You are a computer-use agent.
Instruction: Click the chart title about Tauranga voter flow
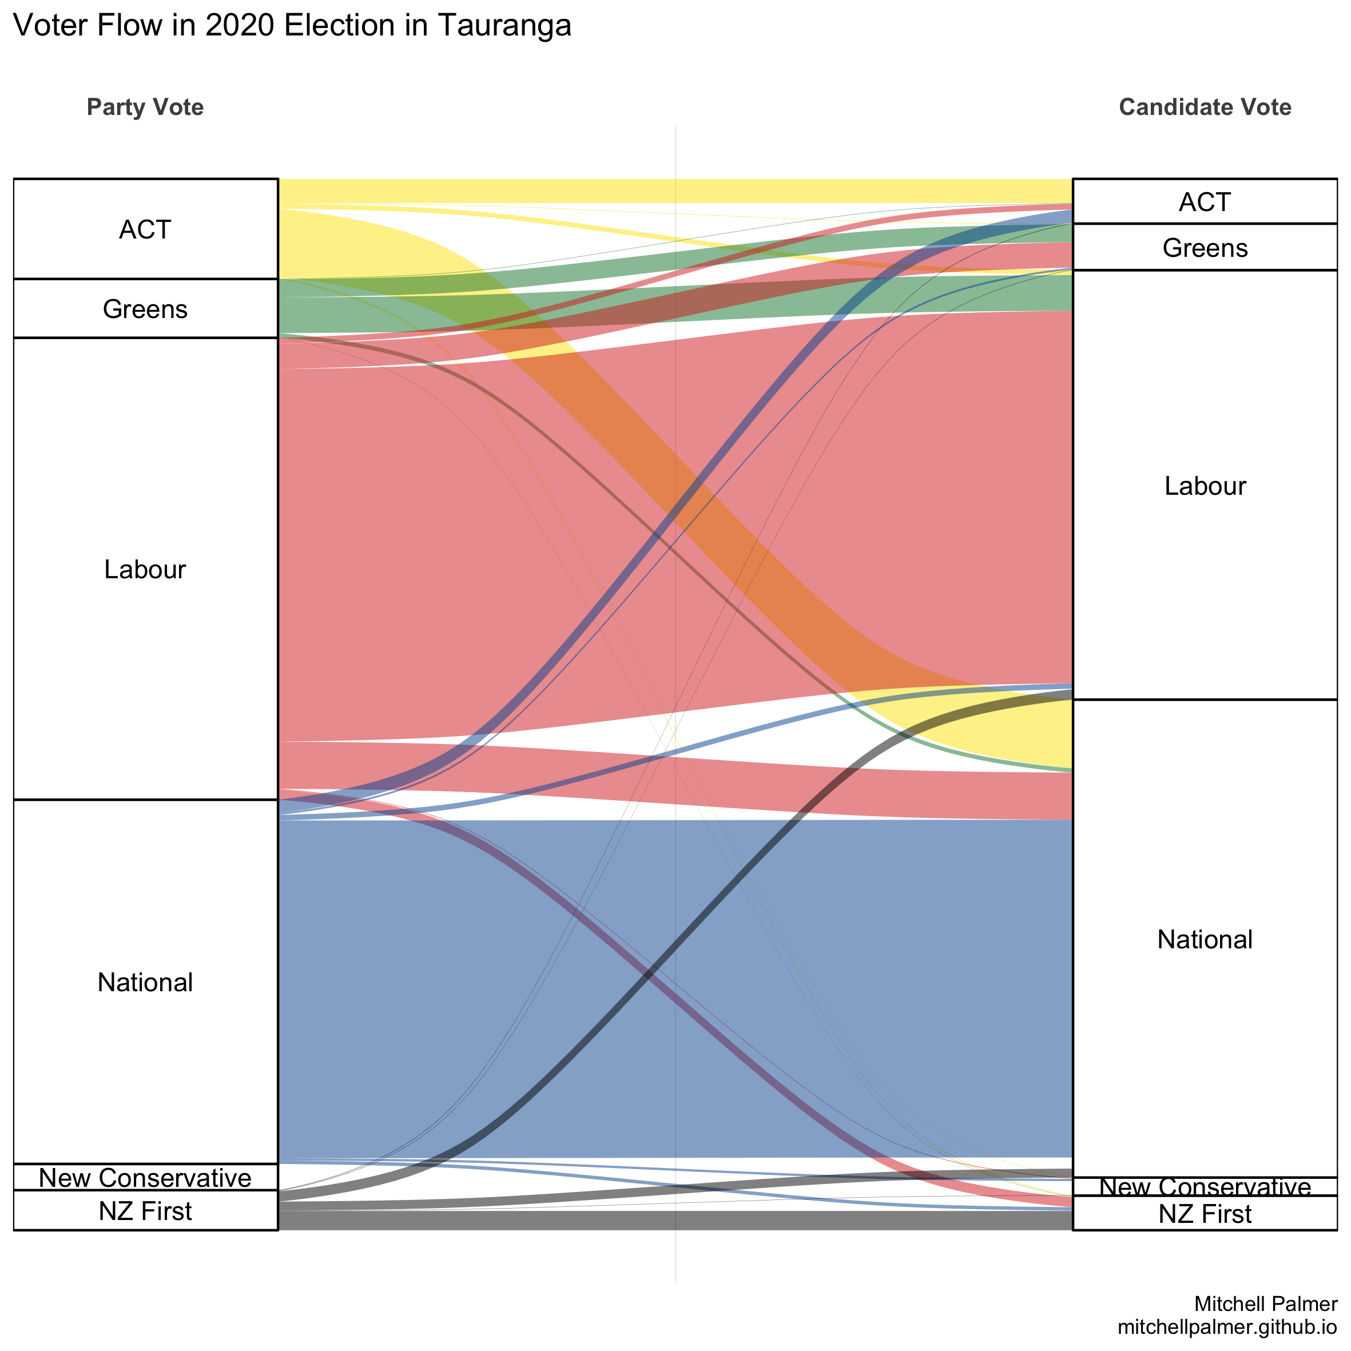(x=292, y=26)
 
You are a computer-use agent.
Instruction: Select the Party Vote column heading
(x=145, y=107)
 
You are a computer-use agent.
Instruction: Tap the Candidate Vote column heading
(x=1205, y=107)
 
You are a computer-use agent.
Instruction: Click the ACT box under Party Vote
(x=145, y=229)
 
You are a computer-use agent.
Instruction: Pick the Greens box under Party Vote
(x=145, y=308)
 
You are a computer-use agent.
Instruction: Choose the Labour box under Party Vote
(x=145, y=569)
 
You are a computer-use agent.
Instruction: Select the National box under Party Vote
(x=145, y=982)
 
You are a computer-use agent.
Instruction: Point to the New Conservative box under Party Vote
(x=145, y=1178)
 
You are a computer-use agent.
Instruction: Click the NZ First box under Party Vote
(x=145, y=1210)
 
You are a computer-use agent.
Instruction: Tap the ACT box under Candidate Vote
(x=1204, y=201)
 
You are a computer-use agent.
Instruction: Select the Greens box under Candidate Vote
(x=1204, y=248)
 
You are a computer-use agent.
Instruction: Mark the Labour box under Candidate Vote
(x=1204, y=485)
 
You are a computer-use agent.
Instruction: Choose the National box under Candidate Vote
(x=1204, y=939)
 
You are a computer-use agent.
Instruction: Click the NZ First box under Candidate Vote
(x=1204, y=1214)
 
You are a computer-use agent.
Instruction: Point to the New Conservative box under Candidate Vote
(x=1204, y=1187)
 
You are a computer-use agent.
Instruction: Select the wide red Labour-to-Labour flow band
(x=490, y=546)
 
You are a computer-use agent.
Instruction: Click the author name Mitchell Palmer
(x=1266, y=1304)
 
